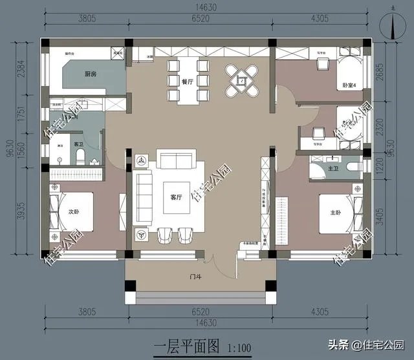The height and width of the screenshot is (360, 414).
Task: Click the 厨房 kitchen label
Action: (91, 74)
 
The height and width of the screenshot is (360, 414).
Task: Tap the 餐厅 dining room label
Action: (188, 81)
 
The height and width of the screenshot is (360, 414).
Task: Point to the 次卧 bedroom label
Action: (74, 211)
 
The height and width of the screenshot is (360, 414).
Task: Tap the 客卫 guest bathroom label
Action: (78, 143)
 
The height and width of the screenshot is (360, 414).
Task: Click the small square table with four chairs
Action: (241, 81)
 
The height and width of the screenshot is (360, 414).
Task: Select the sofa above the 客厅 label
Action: (175, 160)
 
